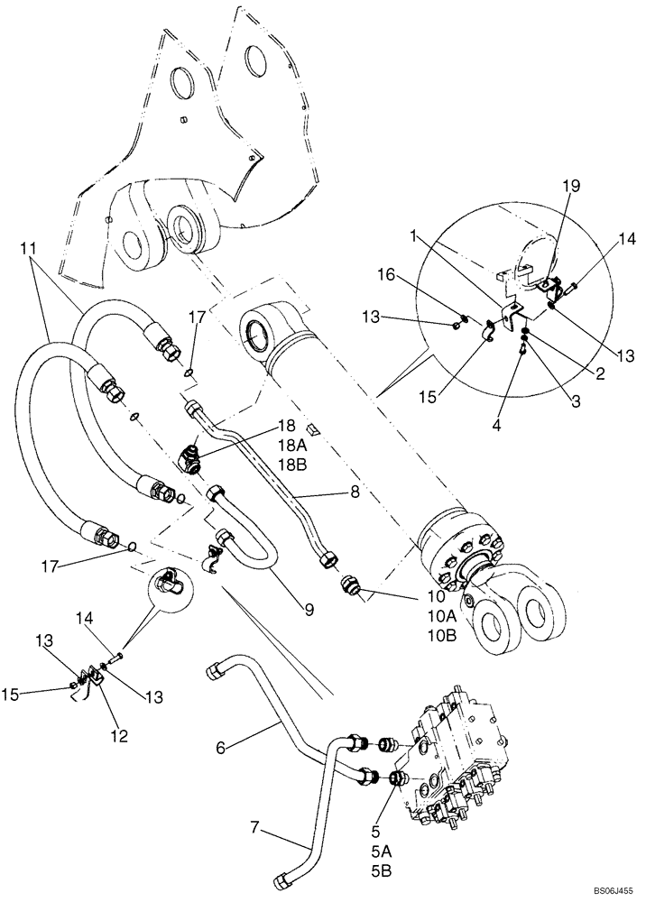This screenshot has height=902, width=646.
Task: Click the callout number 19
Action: coord(549,186)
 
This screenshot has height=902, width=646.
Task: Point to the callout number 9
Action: coord(309,611)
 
